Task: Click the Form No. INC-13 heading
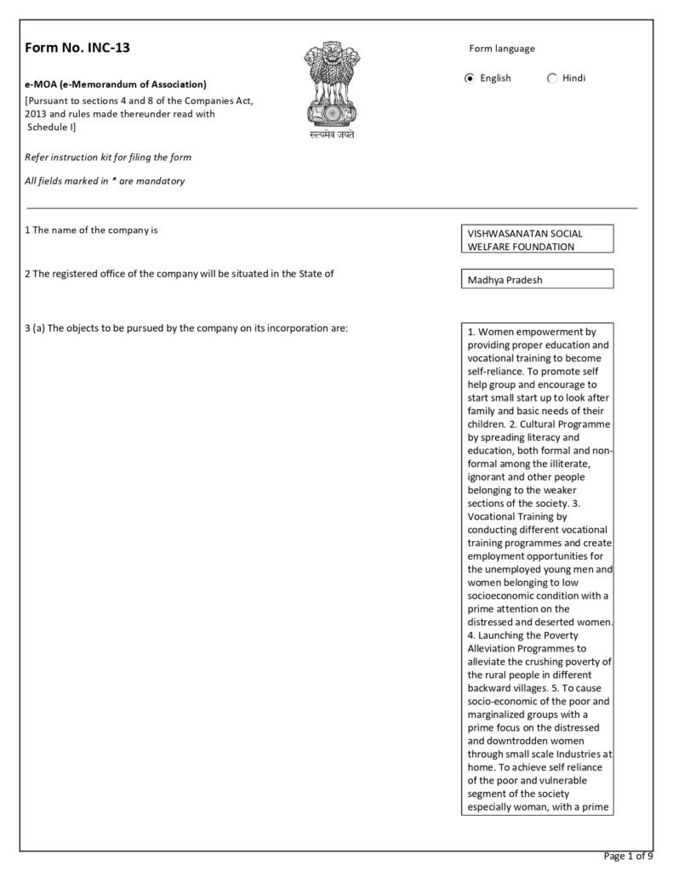point(77,48)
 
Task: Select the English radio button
point(470,78)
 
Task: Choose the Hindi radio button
point(552,78)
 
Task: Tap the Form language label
point(502,48)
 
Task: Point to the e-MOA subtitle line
point(116,84)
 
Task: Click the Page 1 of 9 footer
point(628,856)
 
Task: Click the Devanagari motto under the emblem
point(331,135)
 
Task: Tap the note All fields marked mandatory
point(106,181)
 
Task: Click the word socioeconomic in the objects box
point(507,595)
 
